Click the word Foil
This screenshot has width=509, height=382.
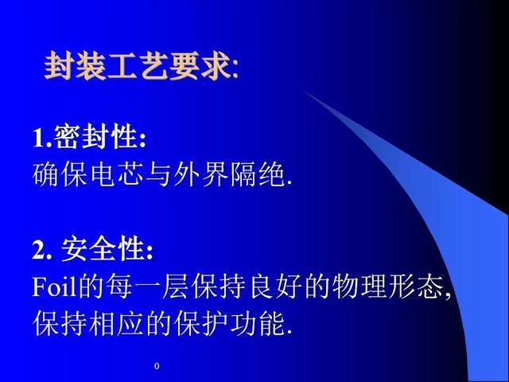(x=54, y=286)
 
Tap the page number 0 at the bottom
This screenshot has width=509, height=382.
(x=157, y=366)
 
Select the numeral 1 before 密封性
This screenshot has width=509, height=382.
(x=39, y=138)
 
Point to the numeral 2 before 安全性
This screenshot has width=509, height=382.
(x=38, y=250)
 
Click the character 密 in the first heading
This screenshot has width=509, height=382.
(x=67, y=137)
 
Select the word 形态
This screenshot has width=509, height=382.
(x=417, y=286)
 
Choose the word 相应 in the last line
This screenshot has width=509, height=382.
(x=117, y=324)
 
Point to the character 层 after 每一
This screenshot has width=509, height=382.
(x=176, y=286)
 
